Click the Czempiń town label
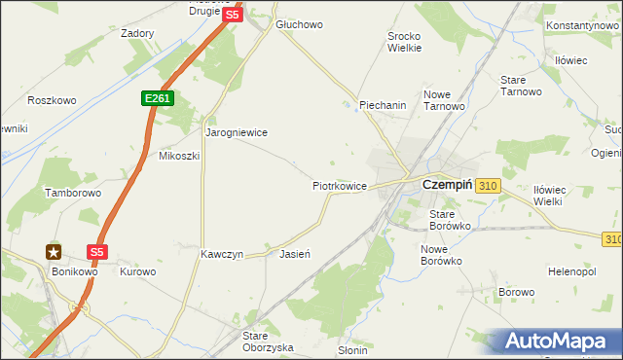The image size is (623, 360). coord(447,184)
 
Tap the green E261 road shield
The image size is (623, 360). coord(156,98)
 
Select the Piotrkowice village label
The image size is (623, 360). coord(339,185)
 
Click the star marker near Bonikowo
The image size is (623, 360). coord(54,251)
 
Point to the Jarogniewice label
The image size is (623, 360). coord(236,132)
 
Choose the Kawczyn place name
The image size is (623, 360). coord(222,254)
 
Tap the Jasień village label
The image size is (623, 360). coord(294,254)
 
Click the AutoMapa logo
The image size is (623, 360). coord(555,342)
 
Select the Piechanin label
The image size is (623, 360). coord(382,106)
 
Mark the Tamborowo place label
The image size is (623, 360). coord(73,194)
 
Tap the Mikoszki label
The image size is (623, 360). coord(178,156)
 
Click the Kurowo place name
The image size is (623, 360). coord(137,271)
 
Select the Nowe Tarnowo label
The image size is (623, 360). coord(443,100)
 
